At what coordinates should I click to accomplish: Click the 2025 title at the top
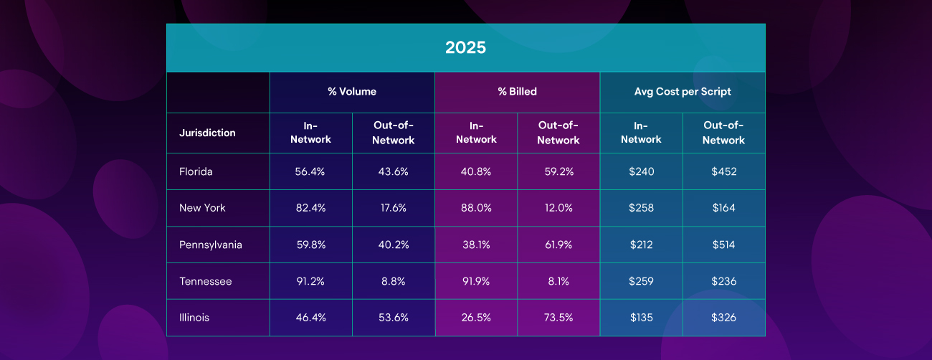tap(465, 47)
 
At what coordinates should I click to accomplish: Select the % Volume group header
tap(352, 92)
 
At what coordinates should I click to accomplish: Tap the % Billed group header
tap(517, 92)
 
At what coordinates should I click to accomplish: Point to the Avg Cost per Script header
tap(683, 92)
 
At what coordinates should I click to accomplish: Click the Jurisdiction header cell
tap(207, 133)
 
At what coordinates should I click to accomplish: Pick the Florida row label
tap(196, 171)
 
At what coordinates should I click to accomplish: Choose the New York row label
tap(202, 208)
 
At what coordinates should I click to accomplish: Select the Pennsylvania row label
tap(211, 245)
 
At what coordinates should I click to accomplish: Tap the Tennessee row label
tap(206, 281)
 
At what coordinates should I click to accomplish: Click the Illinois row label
tap(194, 318)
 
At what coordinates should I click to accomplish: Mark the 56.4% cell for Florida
tap(310, 171)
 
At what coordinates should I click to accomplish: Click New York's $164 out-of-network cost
tap(723, 208)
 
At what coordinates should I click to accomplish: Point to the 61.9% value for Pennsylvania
tap(558, 245)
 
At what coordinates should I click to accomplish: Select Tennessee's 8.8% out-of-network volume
tap(393, 281)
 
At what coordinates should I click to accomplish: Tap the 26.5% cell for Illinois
tap(476, 318)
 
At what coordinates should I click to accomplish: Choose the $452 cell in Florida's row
tap(724, 171)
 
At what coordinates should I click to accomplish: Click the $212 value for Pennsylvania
tap(641, 245)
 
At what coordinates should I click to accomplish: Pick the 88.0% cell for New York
tap(476, 208)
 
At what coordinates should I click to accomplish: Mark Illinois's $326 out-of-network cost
tap(723, 318)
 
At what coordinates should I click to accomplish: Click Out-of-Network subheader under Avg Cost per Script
tap(723, 133)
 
